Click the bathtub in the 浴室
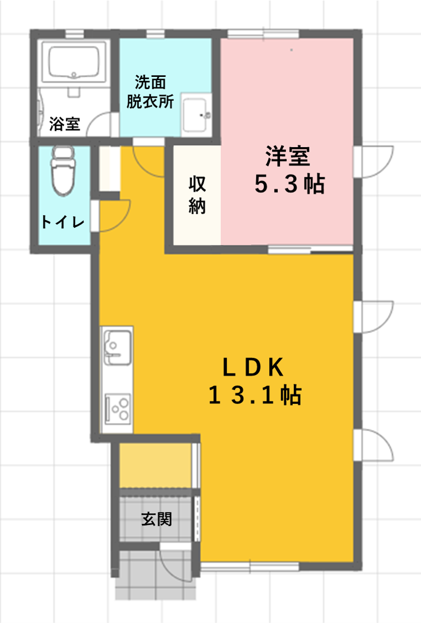pos(74,63)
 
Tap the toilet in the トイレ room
pos(63,171)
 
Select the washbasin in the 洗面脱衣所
pos(195,115)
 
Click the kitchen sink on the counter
pos(117,348)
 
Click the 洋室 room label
pos(288,156)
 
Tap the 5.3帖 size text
pos(289,184)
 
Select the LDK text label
pos(253,367)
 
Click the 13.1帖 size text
pos(255,395)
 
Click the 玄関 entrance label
pos(157,519)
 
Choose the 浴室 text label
pos(65,124)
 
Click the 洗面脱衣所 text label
pos(150,92)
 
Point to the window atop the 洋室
pos(263,34)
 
